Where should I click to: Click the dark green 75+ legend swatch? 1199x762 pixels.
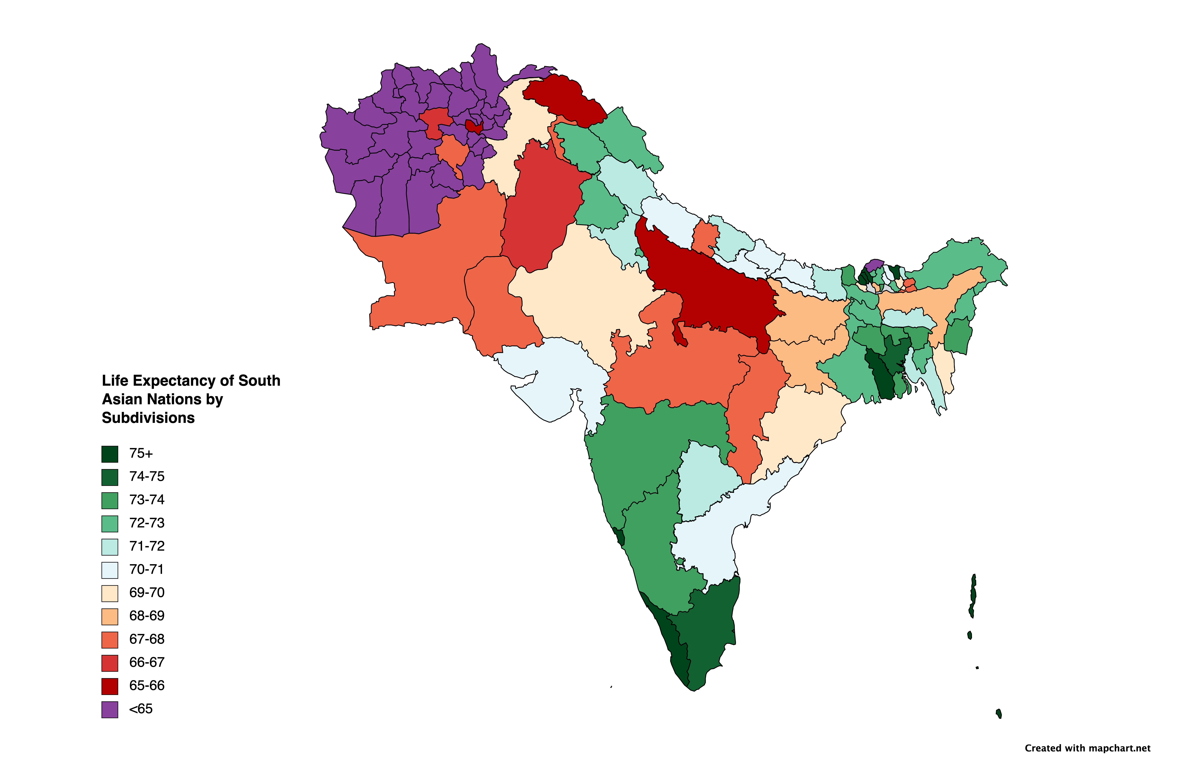pos(109,454)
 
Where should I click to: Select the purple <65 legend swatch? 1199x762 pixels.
pos(109,709)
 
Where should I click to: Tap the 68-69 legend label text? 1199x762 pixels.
pos(146,616)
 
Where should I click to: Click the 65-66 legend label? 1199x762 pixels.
pos(146,686)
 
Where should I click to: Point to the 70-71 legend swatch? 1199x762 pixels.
pos(109,570)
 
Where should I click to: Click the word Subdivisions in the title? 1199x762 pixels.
pos(148,418)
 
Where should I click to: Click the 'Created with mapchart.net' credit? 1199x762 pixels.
pos(1087,748)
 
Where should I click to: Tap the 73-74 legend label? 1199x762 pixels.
pos(146,500)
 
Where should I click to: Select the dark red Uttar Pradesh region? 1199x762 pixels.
pos(712,289)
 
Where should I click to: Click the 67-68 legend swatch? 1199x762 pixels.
pos(109,640)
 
